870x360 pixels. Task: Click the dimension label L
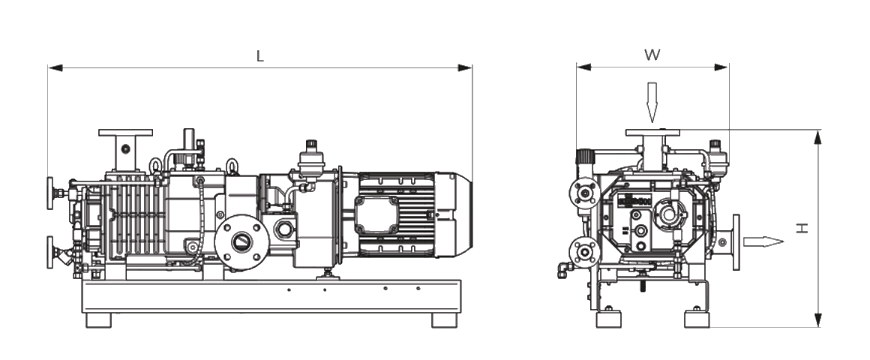[x=260, y=57]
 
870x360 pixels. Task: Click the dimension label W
[x=652, y=55]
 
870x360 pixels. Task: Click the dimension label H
[x=802, y=228]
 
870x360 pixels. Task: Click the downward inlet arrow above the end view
[x=652, y=101]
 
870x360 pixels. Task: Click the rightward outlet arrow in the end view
[x=763, y=241]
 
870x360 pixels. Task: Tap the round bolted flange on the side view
[x=241, y=241]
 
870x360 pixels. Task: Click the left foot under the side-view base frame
[x=98, y=320]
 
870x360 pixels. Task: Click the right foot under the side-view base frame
[x=444, y=320]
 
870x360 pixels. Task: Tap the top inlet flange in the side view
[x=125, y=133]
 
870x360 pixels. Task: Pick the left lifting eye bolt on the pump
[x=157, y=165]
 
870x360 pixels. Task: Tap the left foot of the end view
[x=608, y=319]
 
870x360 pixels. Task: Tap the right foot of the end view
[x=697, y=319]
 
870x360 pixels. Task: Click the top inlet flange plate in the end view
[x=652, y=133]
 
